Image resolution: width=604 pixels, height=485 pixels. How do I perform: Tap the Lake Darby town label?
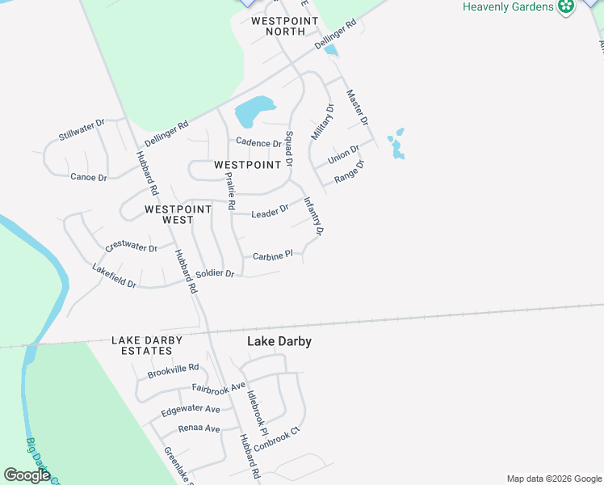[279, 342]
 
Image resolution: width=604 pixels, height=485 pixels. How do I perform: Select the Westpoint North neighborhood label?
[278, 26]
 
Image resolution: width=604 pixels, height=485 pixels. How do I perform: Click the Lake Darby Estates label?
[147, 345]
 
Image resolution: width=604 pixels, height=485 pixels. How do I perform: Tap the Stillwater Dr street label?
[82, 130]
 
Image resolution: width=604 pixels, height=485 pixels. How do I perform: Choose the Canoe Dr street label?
[89, 177]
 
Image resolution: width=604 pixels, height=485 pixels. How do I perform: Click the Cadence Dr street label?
[258, 143]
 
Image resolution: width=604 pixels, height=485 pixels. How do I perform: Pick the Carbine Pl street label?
[271, 256]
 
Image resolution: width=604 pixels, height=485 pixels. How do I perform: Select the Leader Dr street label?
[270, 213]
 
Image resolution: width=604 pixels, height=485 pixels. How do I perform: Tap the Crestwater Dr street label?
[131, 248]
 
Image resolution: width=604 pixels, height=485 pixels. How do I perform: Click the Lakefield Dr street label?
[114, 276]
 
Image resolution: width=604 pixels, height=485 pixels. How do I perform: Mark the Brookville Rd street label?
[173, 371]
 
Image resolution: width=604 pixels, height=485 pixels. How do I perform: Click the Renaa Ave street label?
[199, 428]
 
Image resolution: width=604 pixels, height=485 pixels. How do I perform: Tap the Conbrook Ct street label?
[276, 439]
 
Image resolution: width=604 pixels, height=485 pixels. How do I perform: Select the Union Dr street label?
[343, 153]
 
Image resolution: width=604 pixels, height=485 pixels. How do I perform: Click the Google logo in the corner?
[27, 475]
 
